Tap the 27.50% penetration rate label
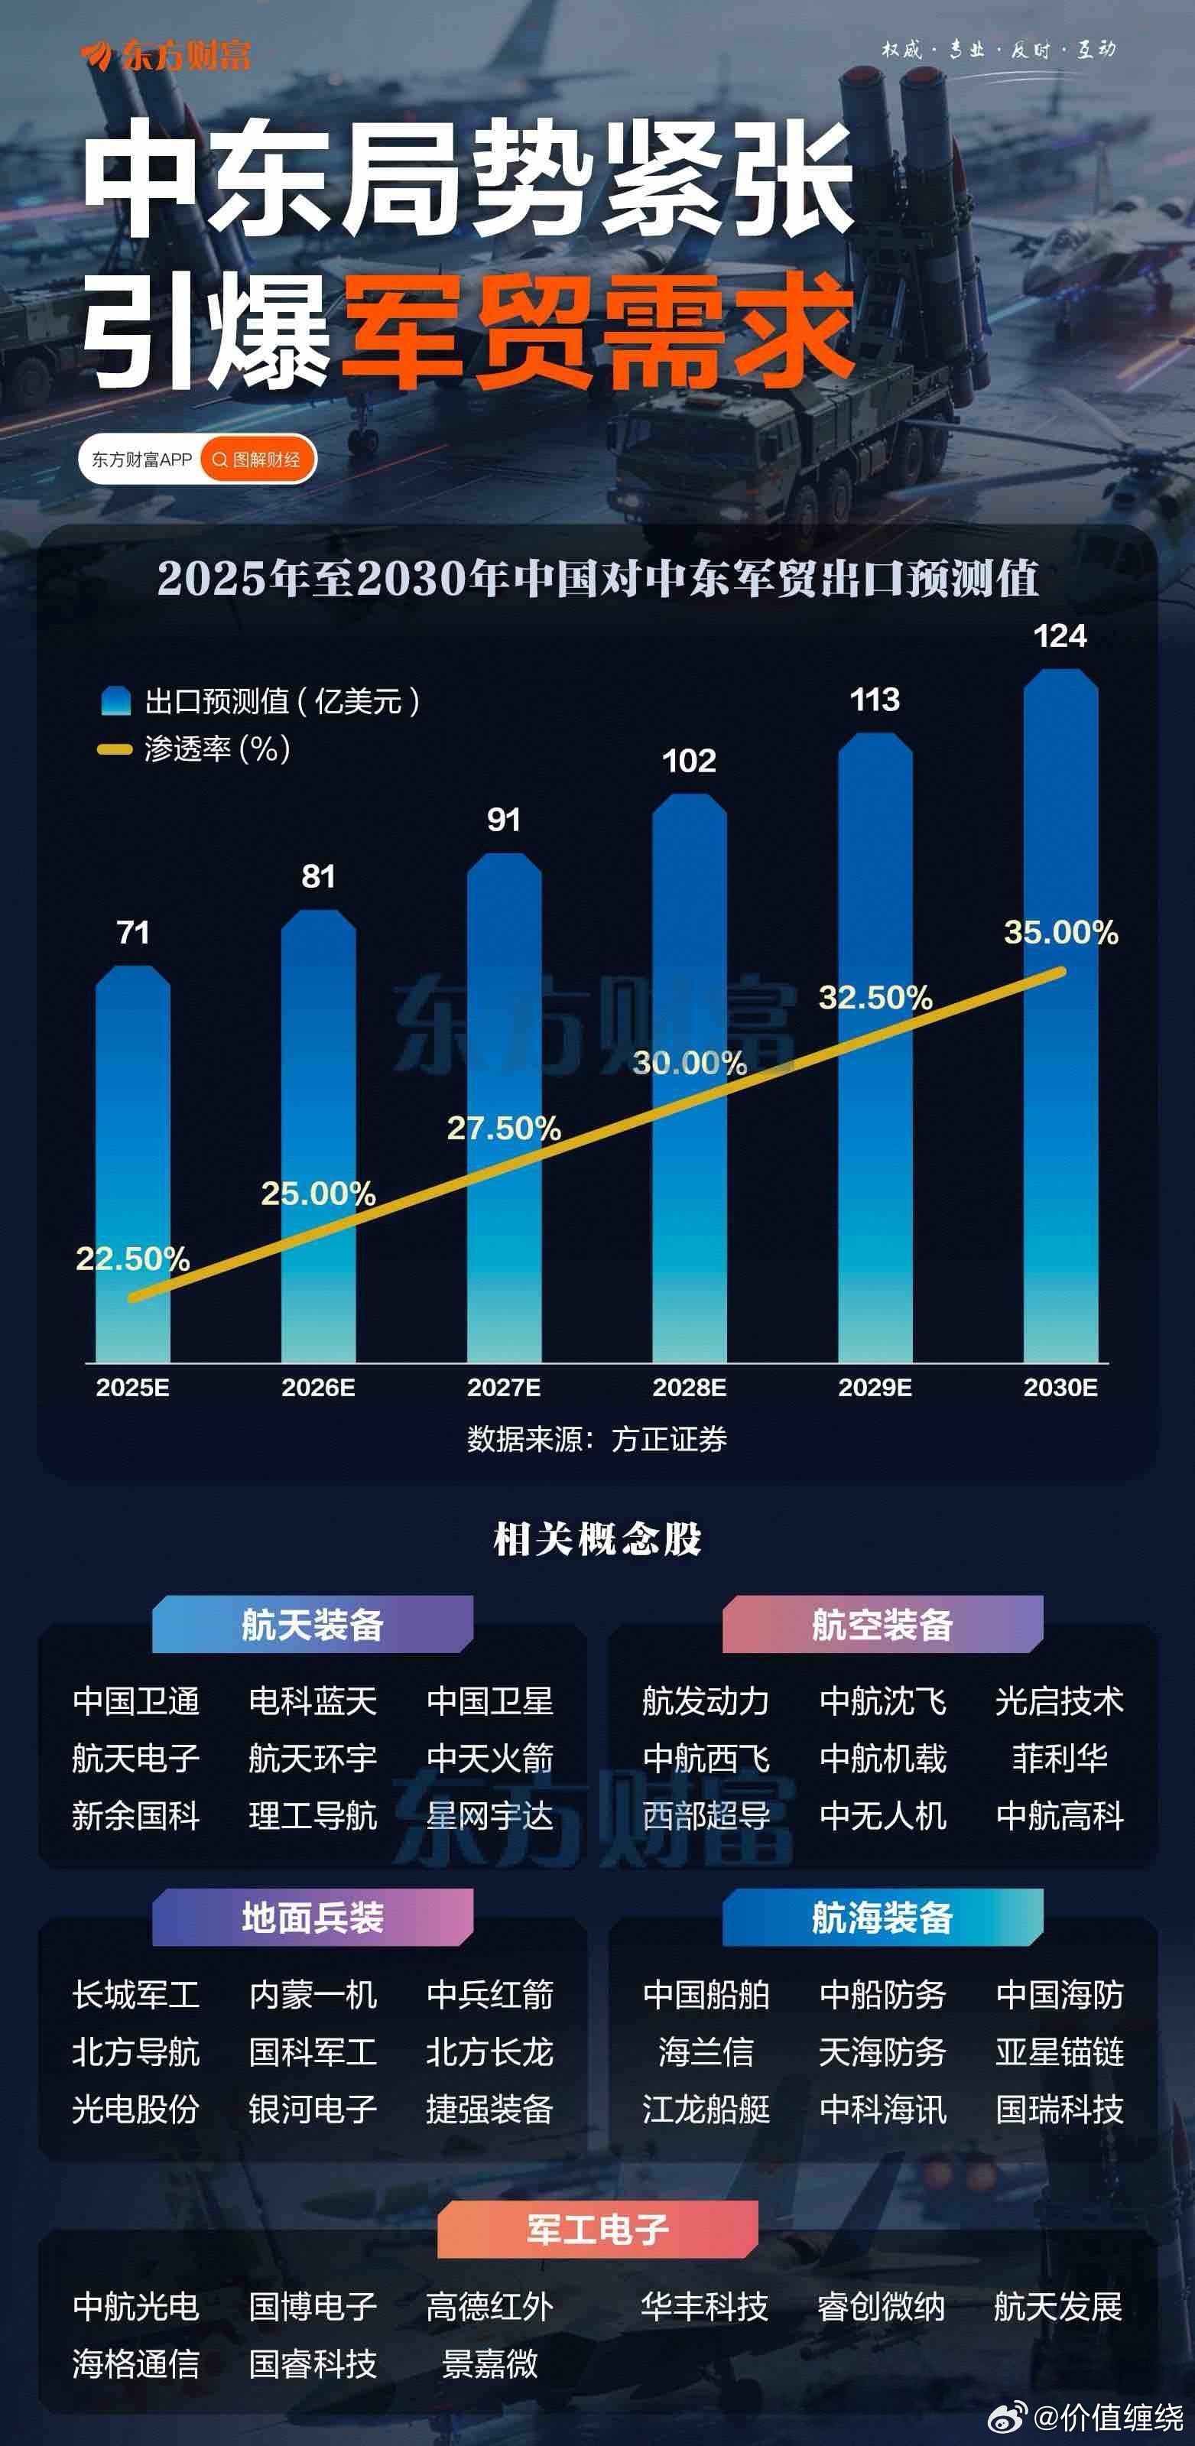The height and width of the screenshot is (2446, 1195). [503, 1128]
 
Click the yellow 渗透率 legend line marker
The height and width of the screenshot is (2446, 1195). [115, 750]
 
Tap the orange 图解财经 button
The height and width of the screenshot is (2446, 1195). [257, 460]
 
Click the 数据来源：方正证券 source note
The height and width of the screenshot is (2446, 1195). [596, 1440]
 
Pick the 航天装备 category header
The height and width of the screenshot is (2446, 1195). [312, 1625]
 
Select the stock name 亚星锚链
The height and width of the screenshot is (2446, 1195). [1059, 2052]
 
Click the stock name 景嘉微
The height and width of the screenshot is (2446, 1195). [490, 2363]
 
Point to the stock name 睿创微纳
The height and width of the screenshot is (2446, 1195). [881, 2305]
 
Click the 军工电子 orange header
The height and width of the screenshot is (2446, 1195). [597, 2230]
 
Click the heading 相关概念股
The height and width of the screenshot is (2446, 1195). [597, 1539]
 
